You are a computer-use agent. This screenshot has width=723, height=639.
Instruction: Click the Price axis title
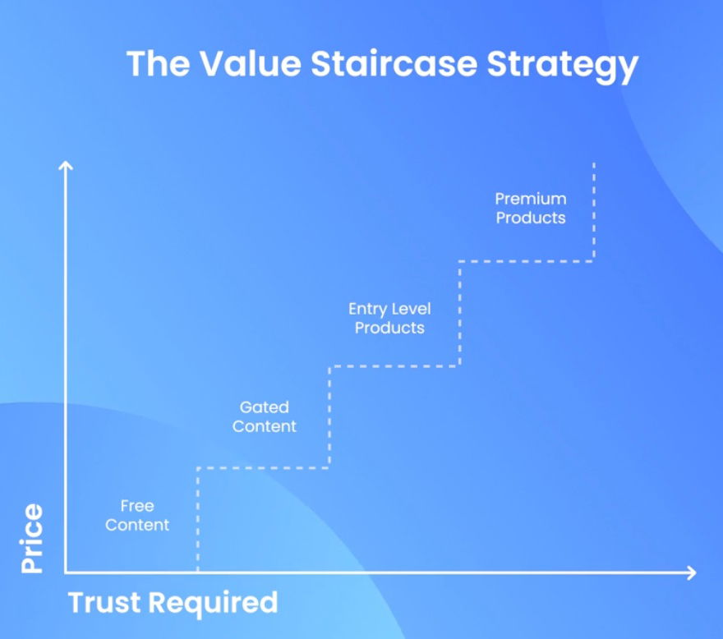tap(32, 538)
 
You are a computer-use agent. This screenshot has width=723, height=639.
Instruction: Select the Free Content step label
tap(137, 515)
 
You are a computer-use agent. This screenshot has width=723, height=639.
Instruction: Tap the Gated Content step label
tap(264, 416)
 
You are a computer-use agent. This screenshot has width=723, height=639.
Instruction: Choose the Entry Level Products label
tap(389, 318)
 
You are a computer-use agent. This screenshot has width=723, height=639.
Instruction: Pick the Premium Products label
tap(531, 208)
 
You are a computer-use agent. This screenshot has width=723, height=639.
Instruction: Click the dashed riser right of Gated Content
tap(329, 417)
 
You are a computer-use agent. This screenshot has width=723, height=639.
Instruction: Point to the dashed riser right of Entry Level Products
tap(460, 314)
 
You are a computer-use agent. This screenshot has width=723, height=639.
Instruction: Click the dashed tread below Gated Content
tap(264, 467)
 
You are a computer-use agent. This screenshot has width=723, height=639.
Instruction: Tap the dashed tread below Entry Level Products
tap(394, 366)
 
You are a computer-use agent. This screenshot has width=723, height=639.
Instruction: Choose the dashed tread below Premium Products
tap(526, 261)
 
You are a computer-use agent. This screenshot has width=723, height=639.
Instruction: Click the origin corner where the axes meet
tap(67, 572)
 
